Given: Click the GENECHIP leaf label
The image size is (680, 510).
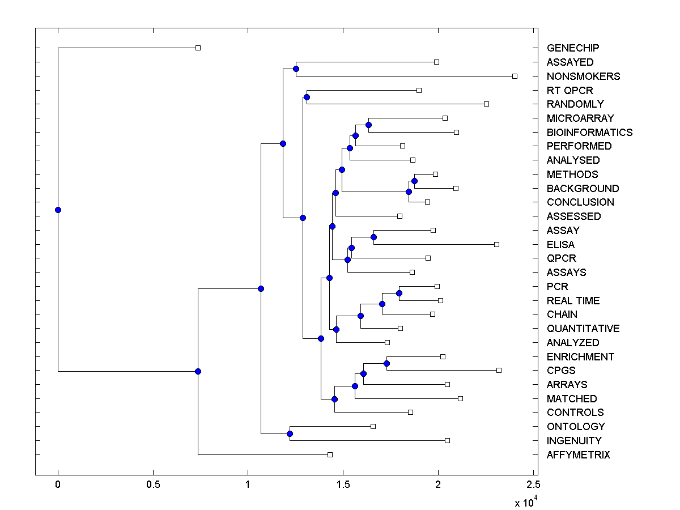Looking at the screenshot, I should click(x=573, y=48).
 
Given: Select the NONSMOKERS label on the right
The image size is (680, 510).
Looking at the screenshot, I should click(x=583, y=76).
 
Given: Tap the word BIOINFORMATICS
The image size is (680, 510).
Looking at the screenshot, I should click(x=589, y=132).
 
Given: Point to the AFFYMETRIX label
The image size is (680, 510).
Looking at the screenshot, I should click(x=578, y=454).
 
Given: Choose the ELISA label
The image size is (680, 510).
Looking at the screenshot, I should click(x=560, y=244).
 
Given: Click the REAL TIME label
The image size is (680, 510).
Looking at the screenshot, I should click(x=573, y=300).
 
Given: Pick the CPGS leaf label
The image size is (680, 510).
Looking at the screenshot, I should click(x=561, y=370).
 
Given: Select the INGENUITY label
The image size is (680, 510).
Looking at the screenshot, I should click(x=574, y=440).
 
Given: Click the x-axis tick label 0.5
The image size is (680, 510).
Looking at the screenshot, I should click(x=153, y=485).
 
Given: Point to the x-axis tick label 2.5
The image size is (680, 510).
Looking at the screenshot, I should click(x=533, y=485).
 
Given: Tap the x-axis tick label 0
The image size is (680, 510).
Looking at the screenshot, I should click(x=58, y=485).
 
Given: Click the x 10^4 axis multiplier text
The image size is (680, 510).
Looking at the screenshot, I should click(x=526, y=502).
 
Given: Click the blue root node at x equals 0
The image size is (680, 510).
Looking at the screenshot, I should click(x=58, y=210).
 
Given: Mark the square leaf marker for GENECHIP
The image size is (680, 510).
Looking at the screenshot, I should click(x=198, y=48).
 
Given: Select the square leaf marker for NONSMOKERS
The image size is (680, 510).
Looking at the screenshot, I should click(x=515, y=76).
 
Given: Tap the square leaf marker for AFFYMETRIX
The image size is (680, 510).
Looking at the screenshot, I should click(x=330, y=454).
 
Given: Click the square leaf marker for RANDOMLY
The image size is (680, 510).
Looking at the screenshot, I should click(x=486, y=104).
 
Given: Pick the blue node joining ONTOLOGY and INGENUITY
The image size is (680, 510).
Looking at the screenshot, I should click(x=290, y=433).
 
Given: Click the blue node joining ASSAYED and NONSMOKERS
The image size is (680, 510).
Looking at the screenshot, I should click(x=296, y=69).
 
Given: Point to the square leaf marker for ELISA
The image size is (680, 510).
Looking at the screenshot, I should click(x=496, y=244).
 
